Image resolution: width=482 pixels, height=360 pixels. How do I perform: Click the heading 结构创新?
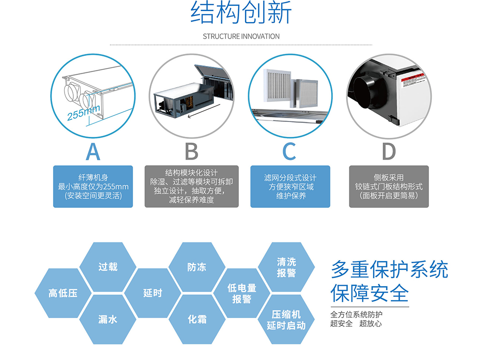(x=241, y=13)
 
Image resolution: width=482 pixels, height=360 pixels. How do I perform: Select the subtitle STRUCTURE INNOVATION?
(x=241, y=36)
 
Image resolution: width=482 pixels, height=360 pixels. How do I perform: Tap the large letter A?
(x=93, y=151)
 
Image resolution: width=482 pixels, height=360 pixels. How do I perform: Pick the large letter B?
(x=191, y=151)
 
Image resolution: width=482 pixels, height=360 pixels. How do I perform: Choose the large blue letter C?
(x=289, y=151)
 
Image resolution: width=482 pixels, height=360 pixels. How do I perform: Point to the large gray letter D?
(x=388, y=151)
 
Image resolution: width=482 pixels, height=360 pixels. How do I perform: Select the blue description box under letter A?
(x=93, y=187)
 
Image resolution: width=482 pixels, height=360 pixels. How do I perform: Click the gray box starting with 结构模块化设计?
(x=191, y=187)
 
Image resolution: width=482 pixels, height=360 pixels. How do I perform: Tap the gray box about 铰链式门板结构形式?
(x=388, y=187)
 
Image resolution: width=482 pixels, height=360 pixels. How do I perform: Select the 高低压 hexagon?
(x=63, y=293)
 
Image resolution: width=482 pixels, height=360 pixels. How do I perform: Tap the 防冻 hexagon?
(x=197, y=267)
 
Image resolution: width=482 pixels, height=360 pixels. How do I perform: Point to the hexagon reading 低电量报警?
(x=241, y=293)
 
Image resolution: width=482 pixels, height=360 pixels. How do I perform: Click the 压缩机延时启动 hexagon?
(x=286, y=320)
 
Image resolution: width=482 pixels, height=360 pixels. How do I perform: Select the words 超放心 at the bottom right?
(x=371, y=323)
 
